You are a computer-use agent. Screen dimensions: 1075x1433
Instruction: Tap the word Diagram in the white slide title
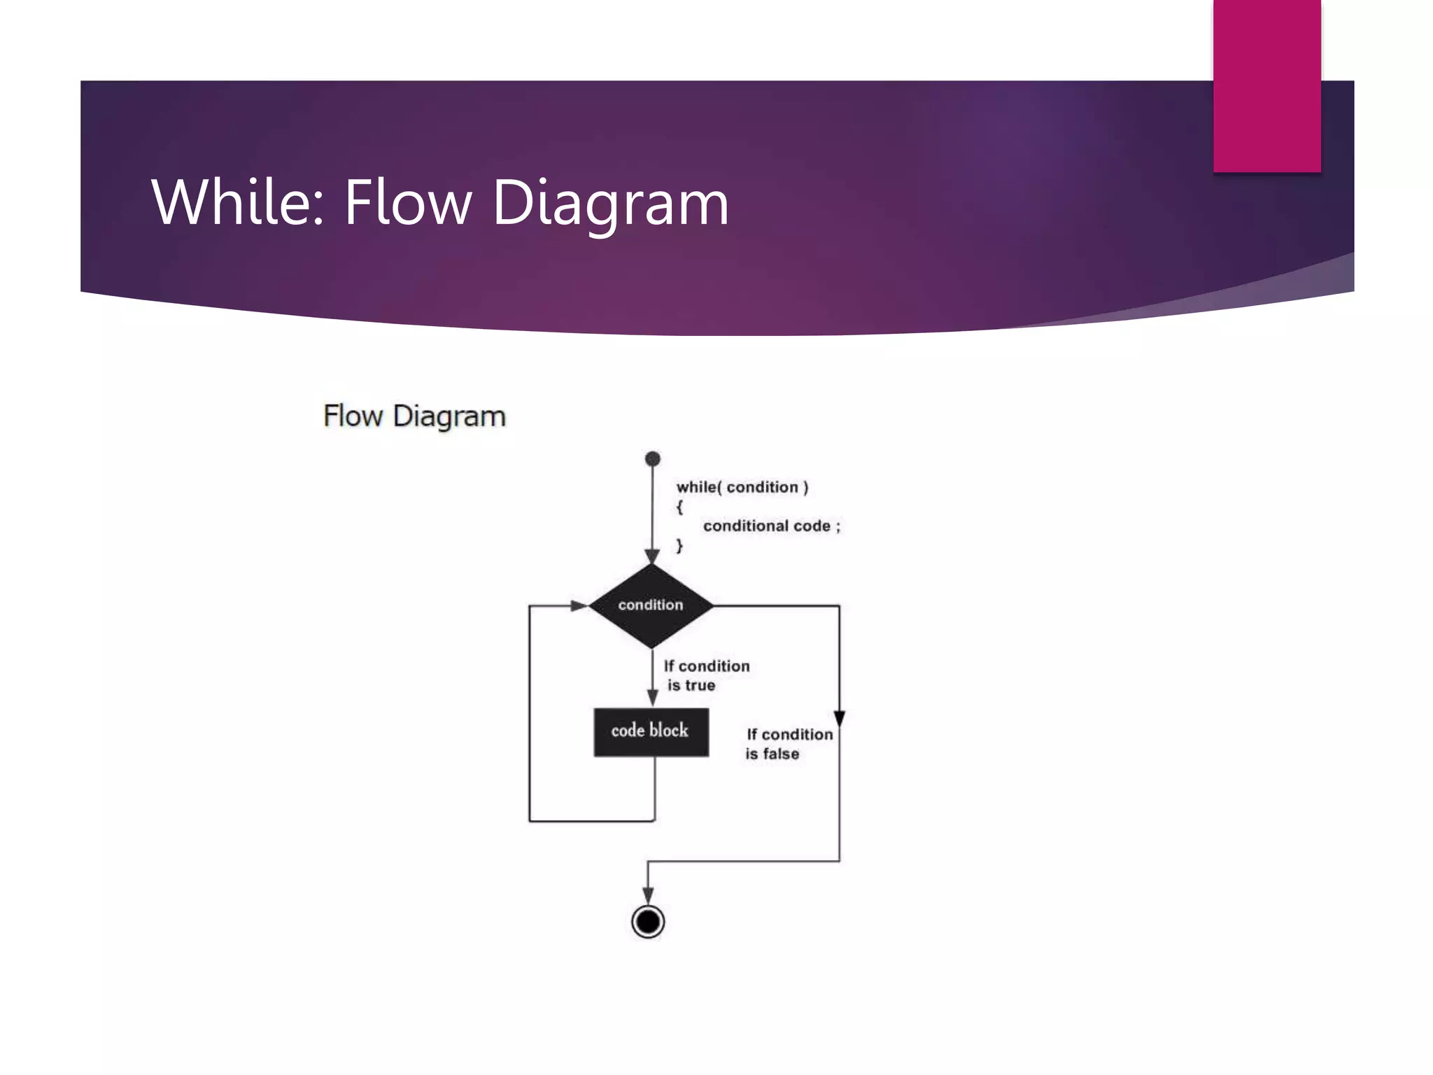coord(610,203)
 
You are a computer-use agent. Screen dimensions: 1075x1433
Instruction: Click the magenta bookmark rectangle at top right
coord(1266,85)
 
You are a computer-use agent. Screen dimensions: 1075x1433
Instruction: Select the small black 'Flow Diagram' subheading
coord(414,416)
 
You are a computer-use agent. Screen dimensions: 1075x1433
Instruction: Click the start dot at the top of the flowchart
coord(653,459)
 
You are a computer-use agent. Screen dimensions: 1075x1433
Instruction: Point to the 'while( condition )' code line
coord(742,487)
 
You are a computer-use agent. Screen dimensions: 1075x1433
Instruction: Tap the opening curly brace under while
coord(679,507)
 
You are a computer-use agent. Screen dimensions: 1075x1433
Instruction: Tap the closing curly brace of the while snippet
coord(679,546)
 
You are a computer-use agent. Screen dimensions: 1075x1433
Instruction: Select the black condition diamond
coord(651,605)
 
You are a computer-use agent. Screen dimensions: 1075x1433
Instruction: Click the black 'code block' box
coord(651,732)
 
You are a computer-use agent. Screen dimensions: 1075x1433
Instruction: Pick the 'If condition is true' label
coord(705,676)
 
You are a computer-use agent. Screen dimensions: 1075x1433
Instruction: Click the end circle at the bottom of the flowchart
coord(648,922)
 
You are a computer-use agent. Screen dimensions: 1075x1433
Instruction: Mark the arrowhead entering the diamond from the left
coord(579,605)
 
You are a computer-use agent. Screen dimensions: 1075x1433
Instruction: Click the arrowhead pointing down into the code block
coord(652,698)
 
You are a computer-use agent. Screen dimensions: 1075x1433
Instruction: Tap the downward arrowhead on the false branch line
coord(840,719)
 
